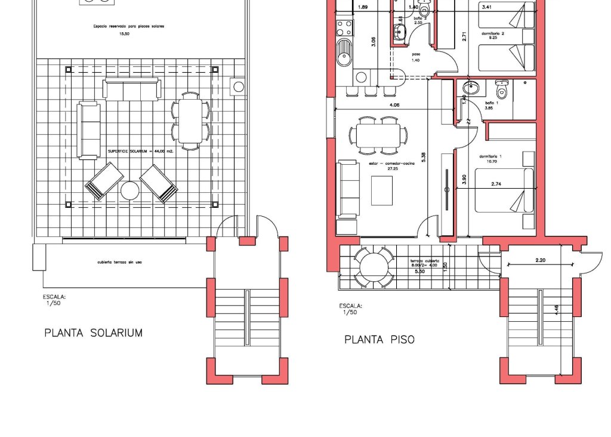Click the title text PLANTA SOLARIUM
click(94, 333)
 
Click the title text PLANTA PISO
click(379, 340)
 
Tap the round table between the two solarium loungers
click(130, 191)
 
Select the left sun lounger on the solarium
click(104, 181)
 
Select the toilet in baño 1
click(502, 89)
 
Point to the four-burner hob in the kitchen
click(344, 27)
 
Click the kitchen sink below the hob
click(344, 53)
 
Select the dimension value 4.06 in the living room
click(394, 106)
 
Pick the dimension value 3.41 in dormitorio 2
click(487, 8)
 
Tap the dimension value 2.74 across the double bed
click(496, 184)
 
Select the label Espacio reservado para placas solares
click(128, 27)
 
